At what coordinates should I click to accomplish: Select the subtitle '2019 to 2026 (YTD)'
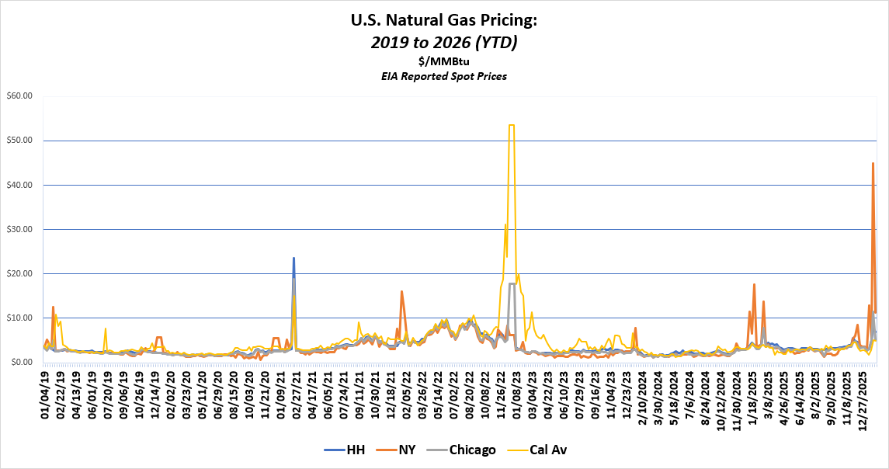[444, 43]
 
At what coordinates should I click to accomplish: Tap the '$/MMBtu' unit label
[444, 61]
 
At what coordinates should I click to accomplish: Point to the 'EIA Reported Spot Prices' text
[444, 76]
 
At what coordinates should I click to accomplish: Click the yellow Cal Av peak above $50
[511, 125]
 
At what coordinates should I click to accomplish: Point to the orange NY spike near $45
[873, 164]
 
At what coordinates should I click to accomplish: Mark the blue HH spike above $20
[293, 259]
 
